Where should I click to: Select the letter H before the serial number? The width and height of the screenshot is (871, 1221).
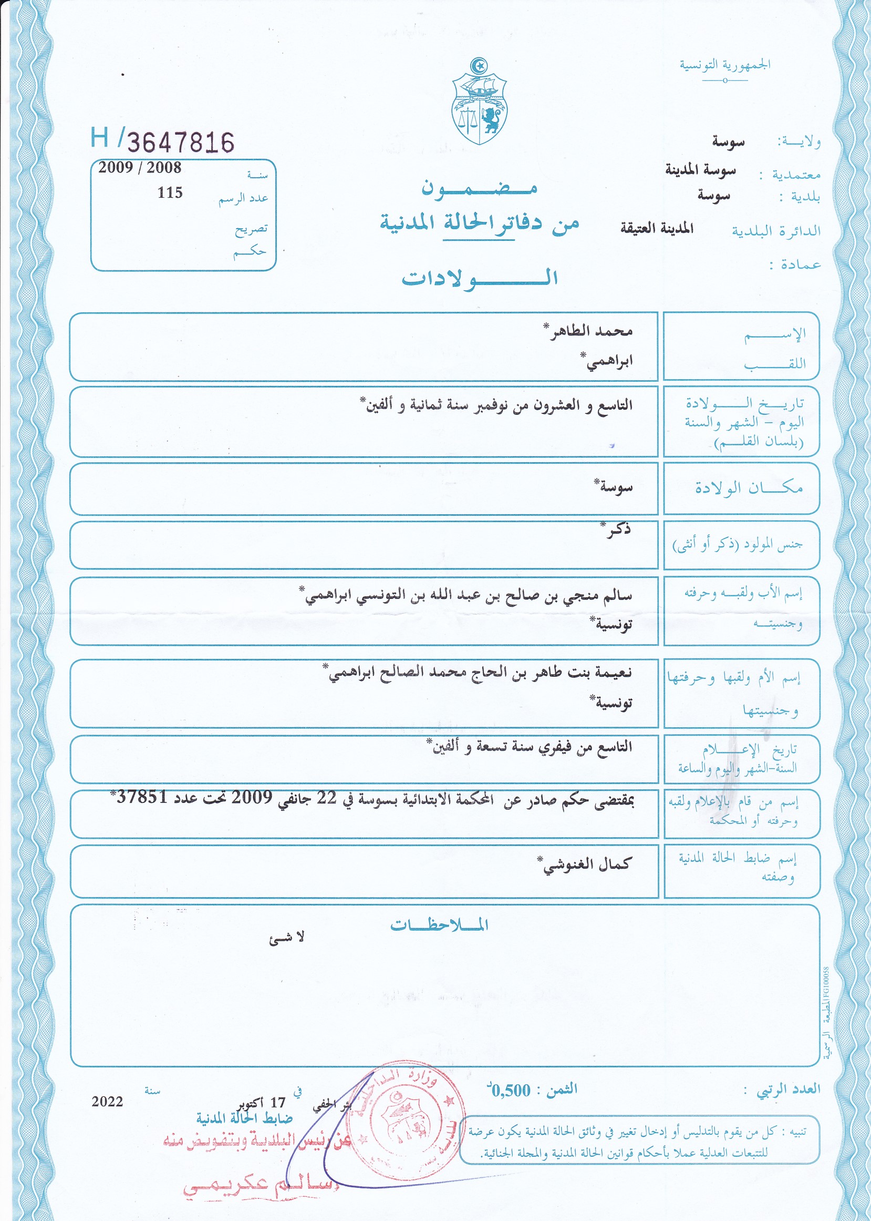click(x=100, y=137)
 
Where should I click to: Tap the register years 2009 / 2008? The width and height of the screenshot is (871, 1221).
click(x=139, y=168)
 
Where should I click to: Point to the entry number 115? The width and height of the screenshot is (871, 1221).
click(x=170, y=192)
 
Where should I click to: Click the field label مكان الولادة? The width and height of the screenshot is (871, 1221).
click(x=749, y=487)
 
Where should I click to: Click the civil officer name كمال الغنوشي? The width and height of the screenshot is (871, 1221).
click(x=587, y=864)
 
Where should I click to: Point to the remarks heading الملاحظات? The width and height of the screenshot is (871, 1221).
click(x=439, y=925)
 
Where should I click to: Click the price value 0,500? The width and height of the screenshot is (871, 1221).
click(x=511, y=1090)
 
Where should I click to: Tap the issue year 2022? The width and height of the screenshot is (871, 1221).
click(x=107, y=1101)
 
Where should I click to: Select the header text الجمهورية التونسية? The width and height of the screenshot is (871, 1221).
click(x=724, y=65)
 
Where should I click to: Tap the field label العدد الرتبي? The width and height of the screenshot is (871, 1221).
click(x=788, y=1089)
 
